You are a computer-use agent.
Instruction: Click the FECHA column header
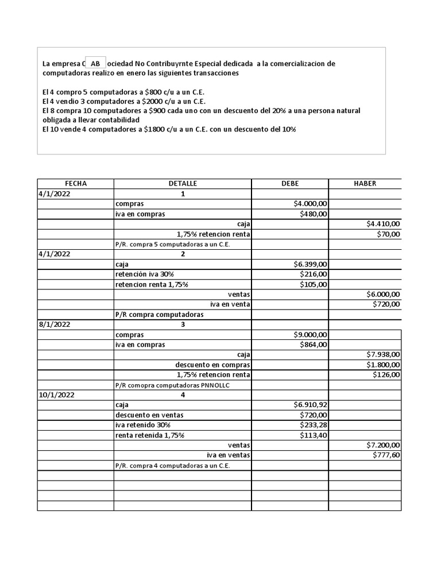[x=76, y=183]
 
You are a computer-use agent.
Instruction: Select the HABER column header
[x=365, y=183]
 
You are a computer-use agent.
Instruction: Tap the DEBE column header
[x=290, y=183]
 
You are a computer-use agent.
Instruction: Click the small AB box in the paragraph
[x=95, y=63]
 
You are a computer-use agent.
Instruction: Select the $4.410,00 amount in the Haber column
[x=383, y=223]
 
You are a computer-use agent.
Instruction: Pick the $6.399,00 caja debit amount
[x=310, y=264]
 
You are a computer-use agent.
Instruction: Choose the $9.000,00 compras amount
[x=310, y=335]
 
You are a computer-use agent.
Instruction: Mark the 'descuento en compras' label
[x=212, y=365]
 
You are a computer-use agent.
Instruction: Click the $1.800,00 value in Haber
[x=383, y=365]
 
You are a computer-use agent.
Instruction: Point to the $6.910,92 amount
[x=310, y=405]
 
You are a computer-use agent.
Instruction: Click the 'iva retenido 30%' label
[x=142, y=425]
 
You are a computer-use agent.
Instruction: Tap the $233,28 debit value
[x=314, y=425]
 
